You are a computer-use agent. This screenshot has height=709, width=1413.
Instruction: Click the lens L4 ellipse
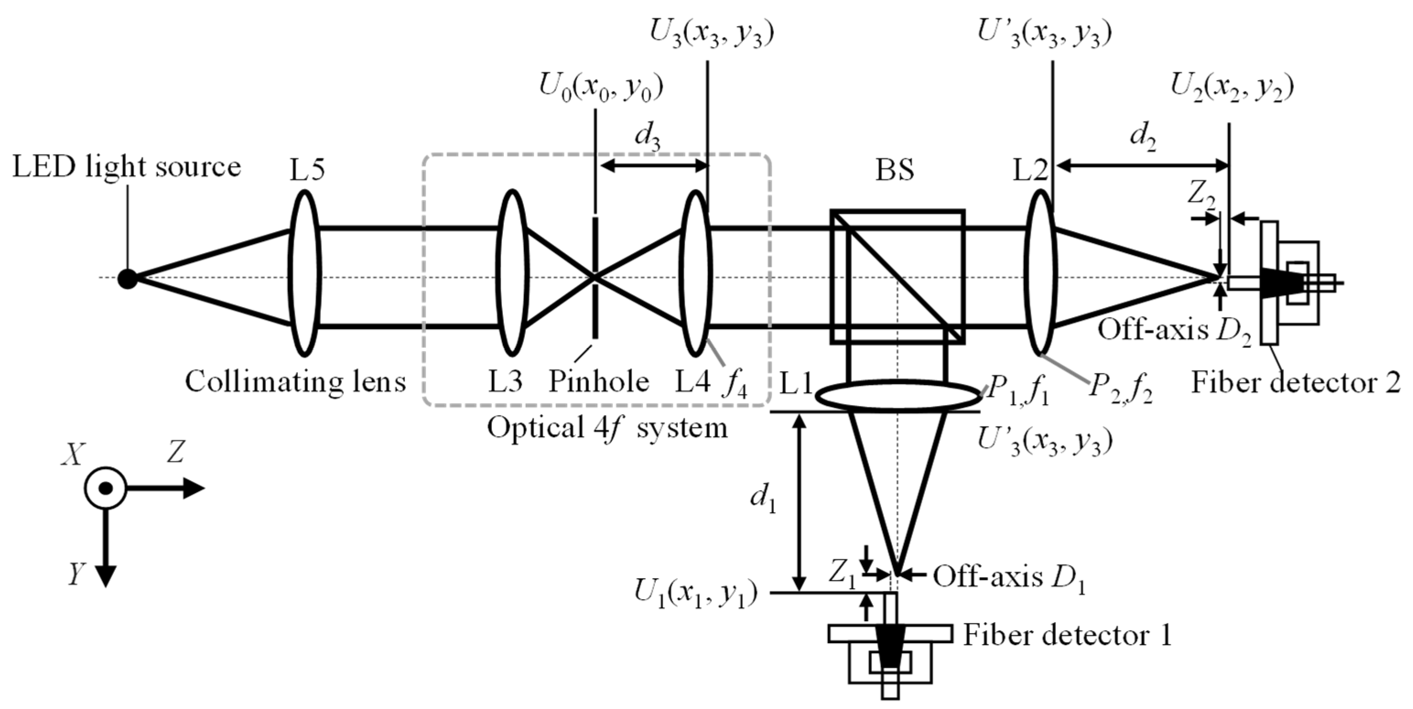pos(695,273)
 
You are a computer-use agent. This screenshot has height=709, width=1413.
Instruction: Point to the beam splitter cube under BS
pos(897,277)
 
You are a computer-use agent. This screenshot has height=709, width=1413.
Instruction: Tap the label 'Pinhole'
pos(599,381)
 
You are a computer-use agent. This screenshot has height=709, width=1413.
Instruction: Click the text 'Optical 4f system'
pos(607,427)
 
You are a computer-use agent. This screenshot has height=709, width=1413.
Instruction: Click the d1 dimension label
pos(763,500)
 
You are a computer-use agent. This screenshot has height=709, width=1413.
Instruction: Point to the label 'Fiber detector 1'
pos(1068,635)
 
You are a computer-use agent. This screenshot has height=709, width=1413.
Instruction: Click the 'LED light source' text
pos(127,167)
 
